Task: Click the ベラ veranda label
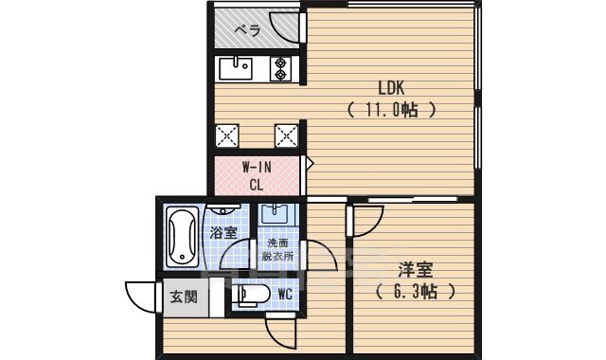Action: [248, 28]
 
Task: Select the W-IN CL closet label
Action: [256, 176]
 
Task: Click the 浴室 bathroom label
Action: [223, 231]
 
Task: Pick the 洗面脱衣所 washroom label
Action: [279, 248]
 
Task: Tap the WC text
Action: [284, 295]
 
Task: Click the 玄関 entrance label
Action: [184, 297]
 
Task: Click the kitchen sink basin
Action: [234, 67]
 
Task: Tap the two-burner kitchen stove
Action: [282, 67]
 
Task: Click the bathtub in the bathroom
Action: [180, 238]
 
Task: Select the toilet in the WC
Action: [248, 295]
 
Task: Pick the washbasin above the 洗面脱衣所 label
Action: [277, 213]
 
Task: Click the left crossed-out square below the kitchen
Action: [227, 135]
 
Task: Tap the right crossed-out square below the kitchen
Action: [285, 135]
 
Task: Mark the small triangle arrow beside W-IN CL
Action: [308, 164]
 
